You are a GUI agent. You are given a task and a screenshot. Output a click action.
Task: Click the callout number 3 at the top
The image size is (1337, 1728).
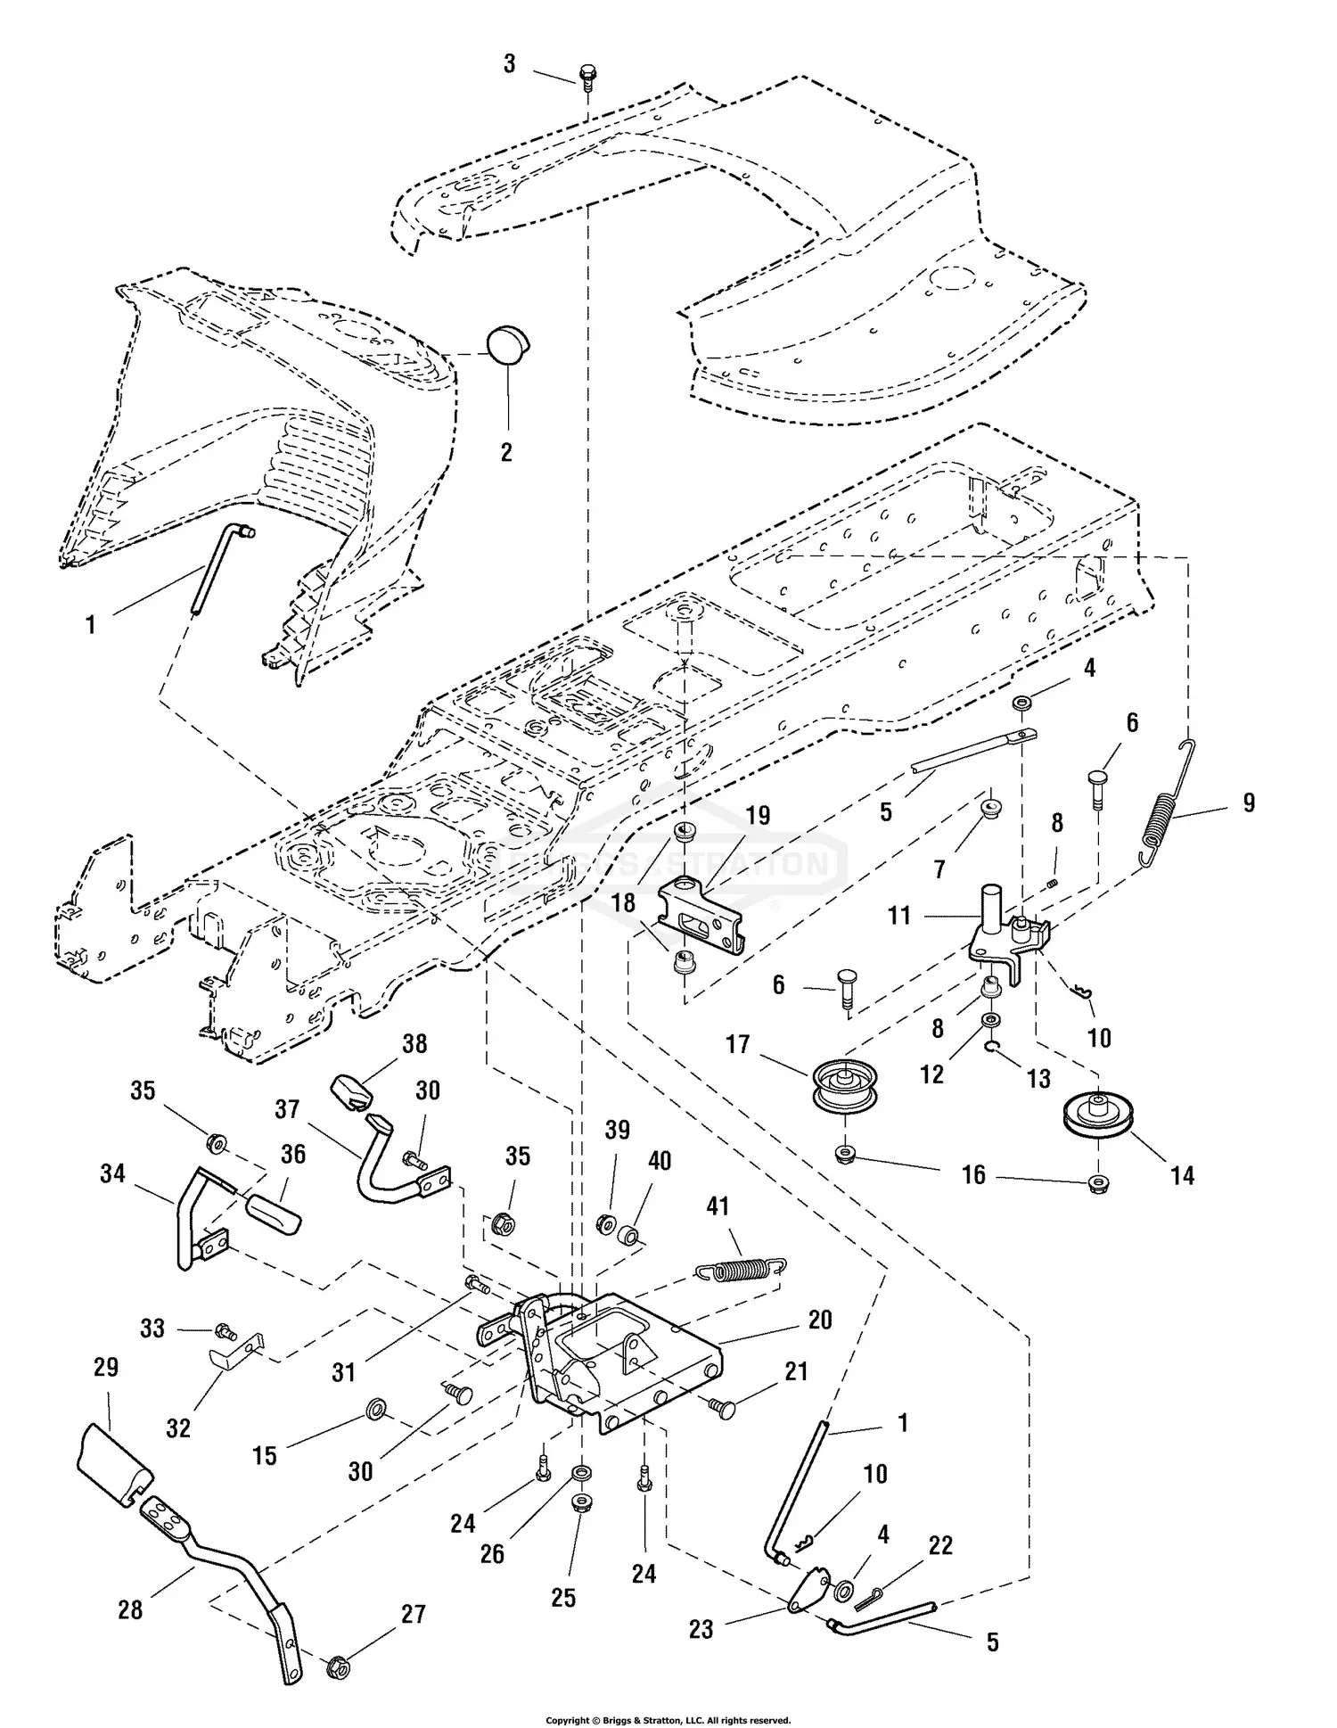point(509,64)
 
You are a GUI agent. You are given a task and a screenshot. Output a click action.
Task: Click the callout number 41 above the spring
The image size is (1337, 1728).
point(718,1207)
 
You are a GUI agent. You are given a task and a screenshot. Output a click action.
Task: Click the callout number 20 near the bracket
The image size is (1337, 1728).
point(820,1320)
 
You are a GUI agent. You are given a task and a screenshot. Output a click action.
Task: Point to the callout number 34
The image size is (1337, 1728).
point(112,1173)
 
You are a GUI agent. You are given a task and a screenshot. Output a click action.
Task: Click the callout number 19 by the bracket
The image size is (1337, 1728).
point(758,816)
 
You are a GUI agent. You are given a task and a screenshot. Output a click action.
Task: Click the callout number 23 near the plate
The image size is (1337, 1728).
point(701,1629)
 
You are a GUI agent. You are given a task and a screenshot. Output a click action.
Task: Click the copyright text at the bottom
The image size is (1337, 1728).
point(668,1720)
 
